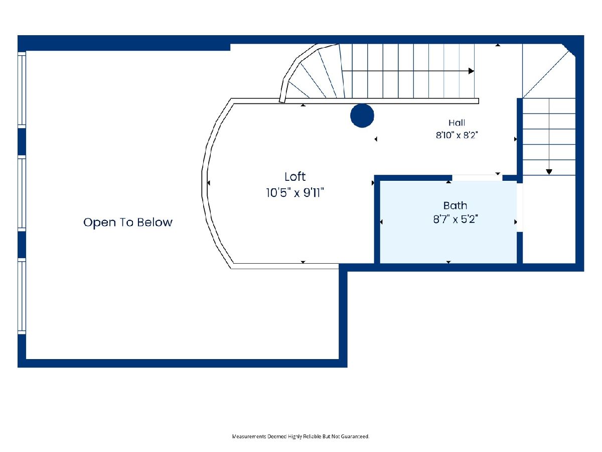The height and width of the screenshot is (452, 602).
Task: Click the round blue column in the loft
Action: tap(362, 116)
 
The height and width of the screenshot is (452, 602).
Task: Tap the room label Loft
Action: tap(295, 177)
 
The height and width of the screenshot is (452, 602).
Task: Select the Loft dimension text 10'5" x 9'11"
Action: tap(295, 193)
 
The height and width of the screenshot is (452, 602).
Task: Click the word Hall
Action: tap(457, 123)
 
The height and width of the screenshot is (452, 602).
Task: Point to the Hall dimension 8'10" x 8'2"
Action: tap(457, 135)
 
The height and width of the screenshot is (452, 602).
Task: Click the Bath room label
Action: tap(456, 205)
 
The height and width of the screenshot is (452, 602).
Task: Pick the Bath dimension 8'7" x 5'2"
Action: tap(456, 219)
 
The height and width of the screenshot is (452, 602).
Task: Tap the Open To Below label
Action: tap(128, 222)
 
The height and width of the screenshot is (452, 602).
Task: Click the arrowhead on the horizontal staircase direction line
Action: tap(471, 71)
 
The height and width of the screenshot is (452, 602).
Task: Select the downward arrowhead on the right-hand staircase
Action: tap(549, 172)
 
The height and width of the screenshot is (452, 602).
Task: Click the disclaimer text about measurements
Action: tap(300, 436)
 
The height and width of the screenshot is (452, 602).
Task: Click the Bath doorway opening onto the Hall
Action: tap(477, 178)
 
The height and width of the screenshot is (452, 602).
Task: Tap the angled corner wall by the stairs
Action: tap(568, 51)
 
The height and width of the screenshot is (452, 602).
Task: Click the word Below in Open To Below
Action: tap(155, 222)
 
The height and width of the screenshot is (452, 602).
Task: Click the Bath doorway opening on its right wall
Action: tap(520, 207)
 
